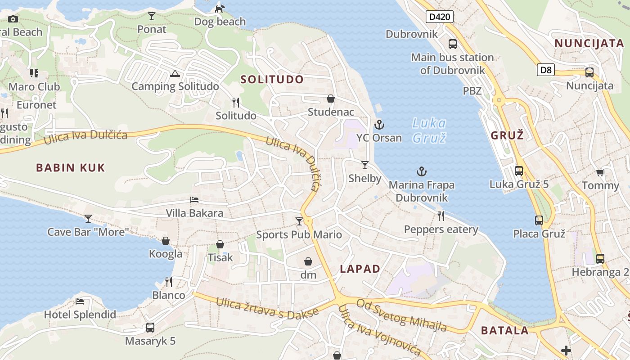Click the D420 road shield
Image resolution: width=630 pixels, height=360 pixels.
[x=440, y=17]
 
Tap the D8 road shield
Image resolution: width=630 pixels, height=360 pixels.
[x=545, y=70]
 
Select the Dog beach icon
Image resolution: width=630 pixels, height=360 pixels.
[x=220, y=9]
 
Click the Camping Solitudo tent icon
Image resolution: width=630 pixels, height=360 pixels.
[x=175, y=73]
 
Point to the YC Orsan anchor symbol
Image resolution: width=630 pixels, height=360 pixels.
[x=379, y=125]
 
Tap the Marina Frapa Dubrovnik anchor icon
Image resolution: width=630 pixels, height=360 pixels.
[x=422, y=171]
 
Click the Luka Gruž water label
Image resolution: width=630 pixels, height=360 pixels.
[x=429, y=130]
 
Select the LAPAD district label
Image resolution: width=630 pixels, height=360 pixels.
[x=360, y=269]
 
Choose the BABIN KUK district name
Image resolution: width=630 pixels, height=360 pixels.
[x=71, y=168]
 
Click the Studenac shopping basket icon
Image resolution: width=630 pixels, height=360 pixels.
[x=331, y=99]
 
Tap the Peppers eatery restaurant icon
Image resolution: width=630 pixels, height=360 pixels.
[x=441, y=216]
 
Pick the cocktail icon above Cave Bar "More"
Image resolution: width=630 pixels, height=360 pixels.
[x=88, y=219]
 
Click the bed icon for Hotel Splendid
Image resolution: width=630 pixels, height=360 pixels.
[x=80, y=301]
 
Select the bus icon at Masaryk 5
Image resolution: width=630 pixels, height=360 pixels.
[x=150, y=328]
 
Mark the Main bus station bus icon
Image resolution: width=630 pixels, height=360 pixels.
[x=453, y=44]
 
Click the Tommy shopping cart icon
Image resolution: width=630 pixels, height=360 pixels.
[x=600, y=172]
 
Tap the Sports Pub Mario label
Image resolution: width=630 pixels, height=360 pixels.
[x=299, y=234]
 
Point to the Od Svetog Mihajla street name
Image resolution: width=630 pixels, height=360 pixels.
[x=401, y=315]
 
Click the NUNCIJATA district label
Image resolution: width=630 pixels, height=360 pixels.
[x=589, y=44]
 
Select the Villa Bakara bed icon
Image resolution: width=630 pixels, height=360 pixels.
[x=194, y=200]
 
